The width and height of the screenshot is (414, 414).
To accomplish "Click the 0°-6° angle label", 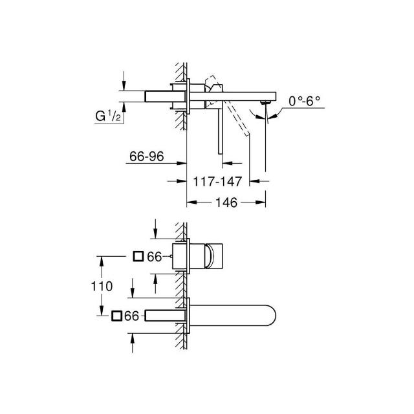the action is click(304, 101).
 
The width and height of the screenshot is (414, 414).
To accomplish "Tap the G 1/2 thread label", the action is click(108, 116).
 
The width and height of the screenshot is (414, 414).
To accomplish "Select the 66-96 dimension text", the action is click(147, 157).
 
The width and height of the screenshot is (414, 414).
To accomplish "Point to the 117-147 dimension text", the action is click(217, 182).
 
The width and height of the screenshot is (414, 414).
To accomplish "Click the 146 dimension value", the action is click(226, 202).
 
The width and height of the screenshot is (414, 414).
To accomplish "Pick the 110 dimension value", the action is click(102, 286).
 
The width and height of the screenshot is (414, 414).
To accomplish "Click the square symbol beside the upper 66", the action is click(138, 256).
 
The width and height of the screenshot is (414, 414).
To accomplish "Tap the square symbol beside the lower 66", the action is click(116, 316).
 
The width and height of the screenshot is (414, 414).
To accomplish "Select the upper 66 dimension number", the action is click(154, 257).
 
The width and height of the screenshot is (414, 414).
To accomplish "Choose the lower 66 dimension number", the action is click(131, 316).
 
